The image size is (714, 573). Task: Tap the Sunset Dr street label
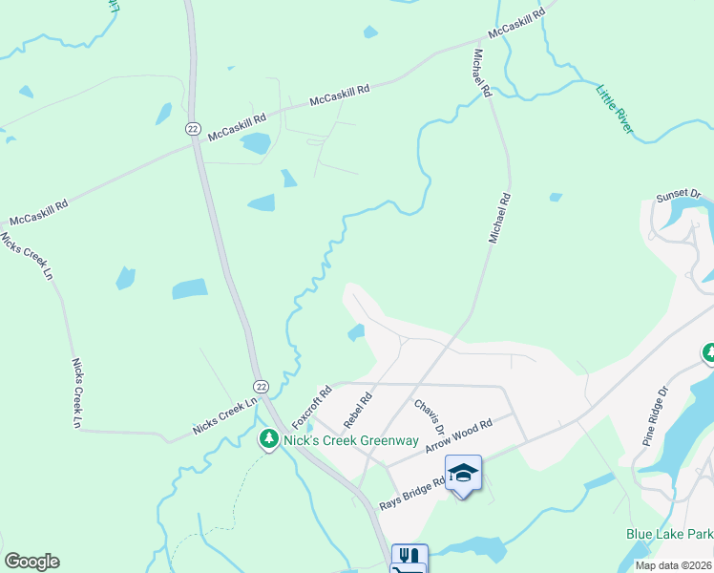(x=678, y=197)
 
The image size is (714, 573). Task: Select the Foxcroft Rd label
(x=311, y=407)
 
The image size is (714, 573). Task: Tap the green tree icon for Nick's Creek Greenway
(x=269, y=439)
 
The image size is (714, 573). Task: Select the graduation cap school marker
(x=463, y=473)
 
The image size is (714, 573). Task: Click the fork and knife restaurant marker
(x=409, y=556)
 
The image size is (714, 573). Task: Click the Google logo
(x=31, y=562)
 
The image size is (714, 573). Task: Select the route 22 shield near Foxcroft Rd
(x=261, y=384)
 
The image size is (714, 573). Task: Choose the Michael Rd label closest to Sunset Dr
(x=500, y=218)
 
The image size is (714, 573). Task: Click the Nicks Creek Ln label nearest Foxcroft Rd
(x=225, y=417)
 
